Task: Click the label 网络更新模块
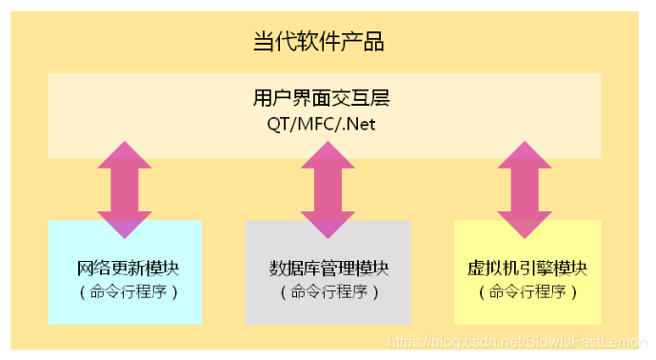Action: [x=125, y=268]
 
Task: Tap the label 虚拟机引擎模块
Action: [x=527, y=268]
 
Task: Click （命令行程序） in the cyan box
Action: [x=125, y=291]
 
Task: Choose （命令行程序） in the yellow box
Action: [x=527, y=291]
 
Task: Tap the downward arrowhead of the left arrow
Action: [x=125, y=224]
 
